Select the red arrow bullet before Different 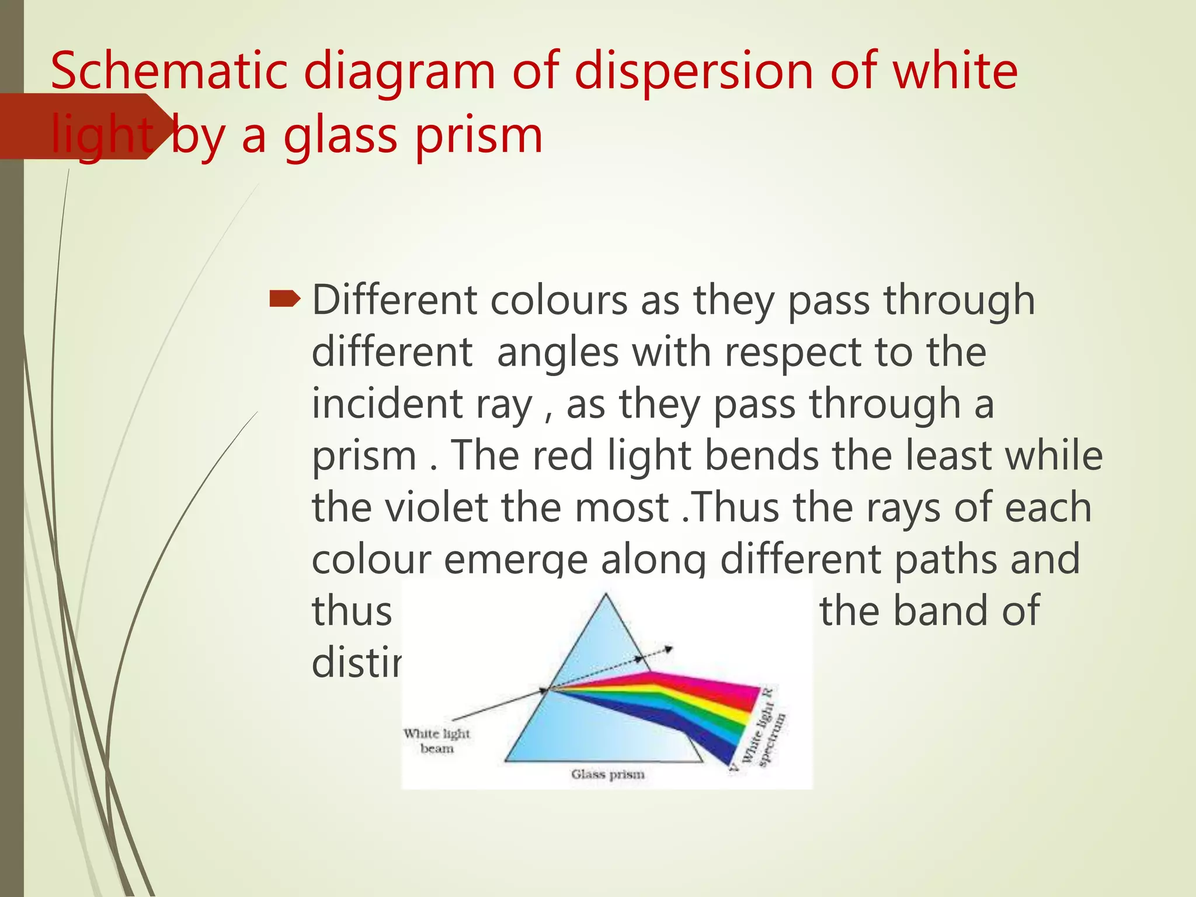[284, 300]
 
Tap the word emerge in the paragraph [515, 559]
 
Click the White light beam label [437, 740]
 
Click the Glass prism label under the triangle [608, 774]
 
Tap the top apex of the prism [606, 595]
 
